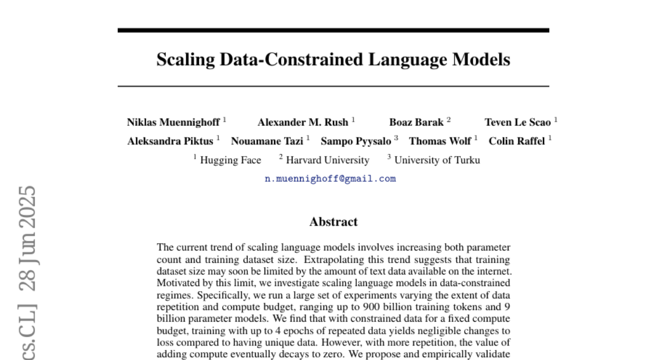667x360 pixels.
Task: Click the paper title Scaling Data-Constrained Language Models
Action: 333,59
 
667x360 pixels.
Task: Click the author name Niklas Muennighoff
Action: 173,122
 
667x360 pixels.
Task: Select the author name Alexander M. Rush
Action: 302,122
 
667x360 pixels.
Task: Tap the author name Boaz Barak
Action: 416,122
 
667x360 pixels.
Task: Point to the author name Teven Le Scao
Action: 517,122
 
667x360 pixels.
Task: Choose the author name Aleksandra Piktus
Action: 170,141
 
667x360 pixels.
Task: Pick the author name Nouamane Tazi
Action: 267,141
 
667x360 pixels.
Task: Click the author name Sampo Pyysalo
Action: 356,141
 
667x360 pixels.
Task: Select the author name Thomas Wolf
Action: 440,141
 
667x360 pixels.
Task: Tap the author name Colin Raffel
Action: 516,141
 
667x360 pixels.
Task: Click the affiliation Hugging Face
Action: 230,160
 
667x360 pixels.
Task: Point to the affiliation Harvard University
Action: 327,160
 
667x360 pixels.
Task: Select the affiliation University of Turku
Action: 437,160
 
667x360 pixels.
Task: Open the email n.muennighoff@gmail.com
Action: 330,179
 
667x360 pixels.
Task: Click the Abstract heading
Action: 333,222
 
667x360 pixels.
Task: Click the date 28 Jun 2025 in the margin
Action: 27,244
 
